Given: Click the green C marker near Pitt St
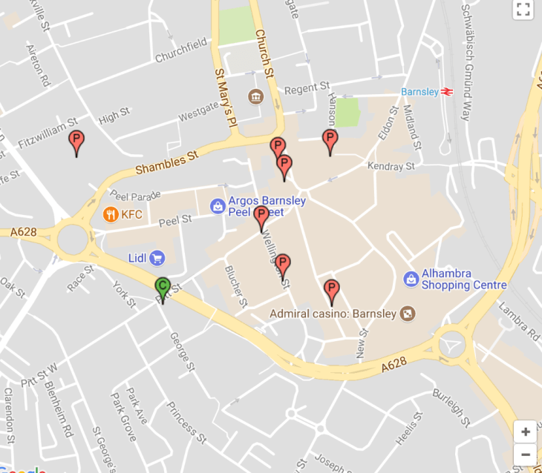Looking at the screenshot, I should [x=163, y=287].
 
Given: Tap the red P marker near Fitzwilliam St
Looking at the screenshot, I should [x=76, y=140].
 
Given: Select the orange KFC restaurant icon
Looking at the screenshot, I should [x=111, y=215].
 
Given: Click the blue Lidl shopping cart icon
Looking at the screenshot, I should [x=157, y=257].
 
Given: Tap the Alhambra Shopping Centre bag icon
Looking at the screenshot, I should [x=411, y=279].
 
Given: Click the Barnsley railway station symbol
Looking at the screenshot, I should [x=447, y=92].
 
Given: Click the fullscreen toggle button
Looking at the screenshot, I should [x=523, y=9].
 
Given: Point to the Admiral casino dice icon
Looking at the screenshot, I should [x=408, y=314].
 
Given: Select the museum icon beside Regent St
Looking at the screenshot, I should [x=256, y=97].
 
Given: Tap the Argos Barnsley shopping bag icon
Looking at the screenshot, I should [x=218, y=205].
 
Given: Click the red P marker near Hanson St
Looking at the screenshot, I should [x=330, y=139].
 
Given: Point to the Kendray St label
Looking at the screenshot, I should [x=391, y=167].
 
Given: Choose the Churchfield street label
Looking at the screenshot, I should [x=180, y=51].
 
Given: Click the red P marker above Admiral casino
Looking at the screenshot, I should [x=332, y=289].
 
